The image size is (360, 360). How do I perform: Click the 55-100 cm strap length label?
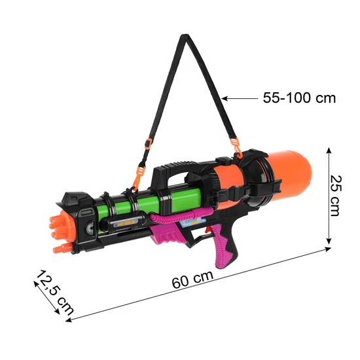click(299, 98)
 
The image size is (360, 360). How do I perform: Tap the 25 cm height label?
click(336, 196)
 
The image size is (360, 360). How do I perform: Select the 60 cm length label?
click(192, 279)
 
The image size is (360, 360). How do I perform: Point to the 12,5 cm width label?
click(54, 293)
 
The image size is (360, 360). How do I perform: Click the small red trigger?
click(207, 230)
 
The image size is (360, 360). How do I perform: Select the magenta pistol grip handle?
click(221, 245)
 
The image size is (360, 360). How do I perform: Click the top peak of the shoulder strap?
click(185, 35)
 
